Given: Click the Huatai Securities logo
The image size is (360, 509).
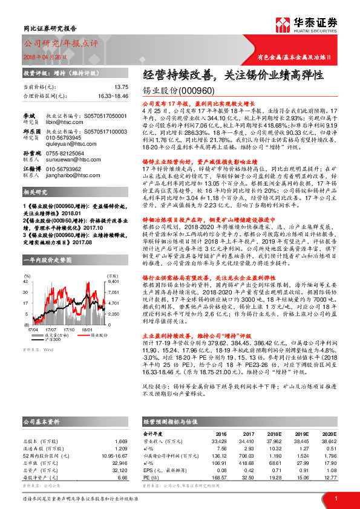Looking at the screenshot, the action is (306, 25).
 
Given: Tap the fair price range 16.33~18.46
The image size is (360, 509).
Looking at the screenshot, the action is (113, 96).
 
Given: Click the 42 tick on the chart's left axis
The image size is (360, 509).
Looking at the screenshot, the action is (26, 265).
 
